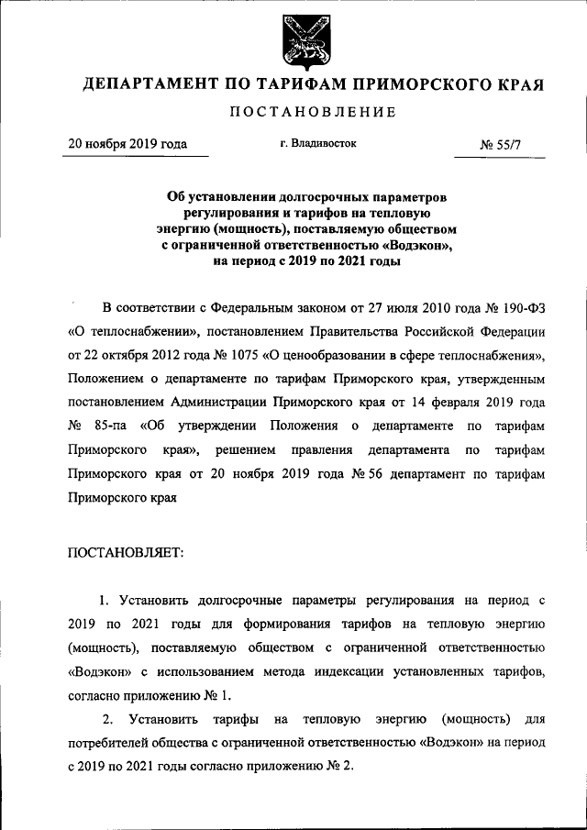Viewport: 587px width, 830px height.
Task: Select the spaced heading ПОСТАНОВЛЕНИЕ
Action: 293,113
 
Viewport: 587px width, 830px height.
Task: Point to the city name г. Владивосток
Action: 318,144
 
